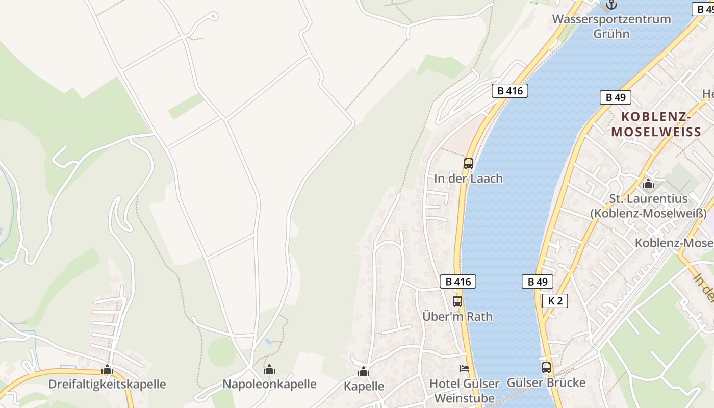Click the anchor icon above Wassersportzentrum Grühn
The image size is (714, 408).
[611, 5]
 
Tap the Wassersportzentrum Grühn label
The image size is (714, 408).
[611, 27]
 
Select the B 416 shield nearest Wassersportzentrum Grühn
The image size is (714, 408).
[509, 91]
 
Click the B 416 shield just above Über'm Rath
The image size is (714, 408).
[457, 281]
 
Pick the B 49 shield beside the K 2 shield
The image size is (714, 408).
[537, 281]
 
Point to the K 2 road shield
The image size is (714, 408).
[554, 300]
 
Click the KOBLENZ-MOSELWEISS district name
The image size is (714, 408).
[656, 124]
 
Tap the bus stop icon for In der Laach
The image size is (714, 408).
[468, 164]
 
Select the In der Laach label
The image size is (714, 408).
[468, 178]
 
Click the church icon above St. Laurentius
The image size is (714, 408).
[648, 184]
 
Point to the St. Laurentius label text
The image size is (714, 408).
[648, 206]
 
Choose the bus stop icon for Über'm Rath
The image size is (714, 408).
[457, 301]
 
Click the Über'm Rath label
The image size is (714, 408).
[457, 316]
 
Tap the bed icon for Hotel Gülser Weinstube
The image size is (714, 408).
[465, 368]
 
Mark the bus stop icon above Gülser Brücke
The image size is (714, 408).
[546, 367]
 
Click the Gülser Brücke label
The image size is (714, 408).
[546, 382]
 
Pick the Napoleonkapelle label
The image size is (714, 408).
[269, 384]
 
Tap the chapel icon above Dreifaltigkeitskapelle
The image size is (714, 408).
[107, 369]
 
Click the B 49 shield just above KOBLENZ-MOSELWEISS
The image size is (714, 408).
[615, 97]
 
